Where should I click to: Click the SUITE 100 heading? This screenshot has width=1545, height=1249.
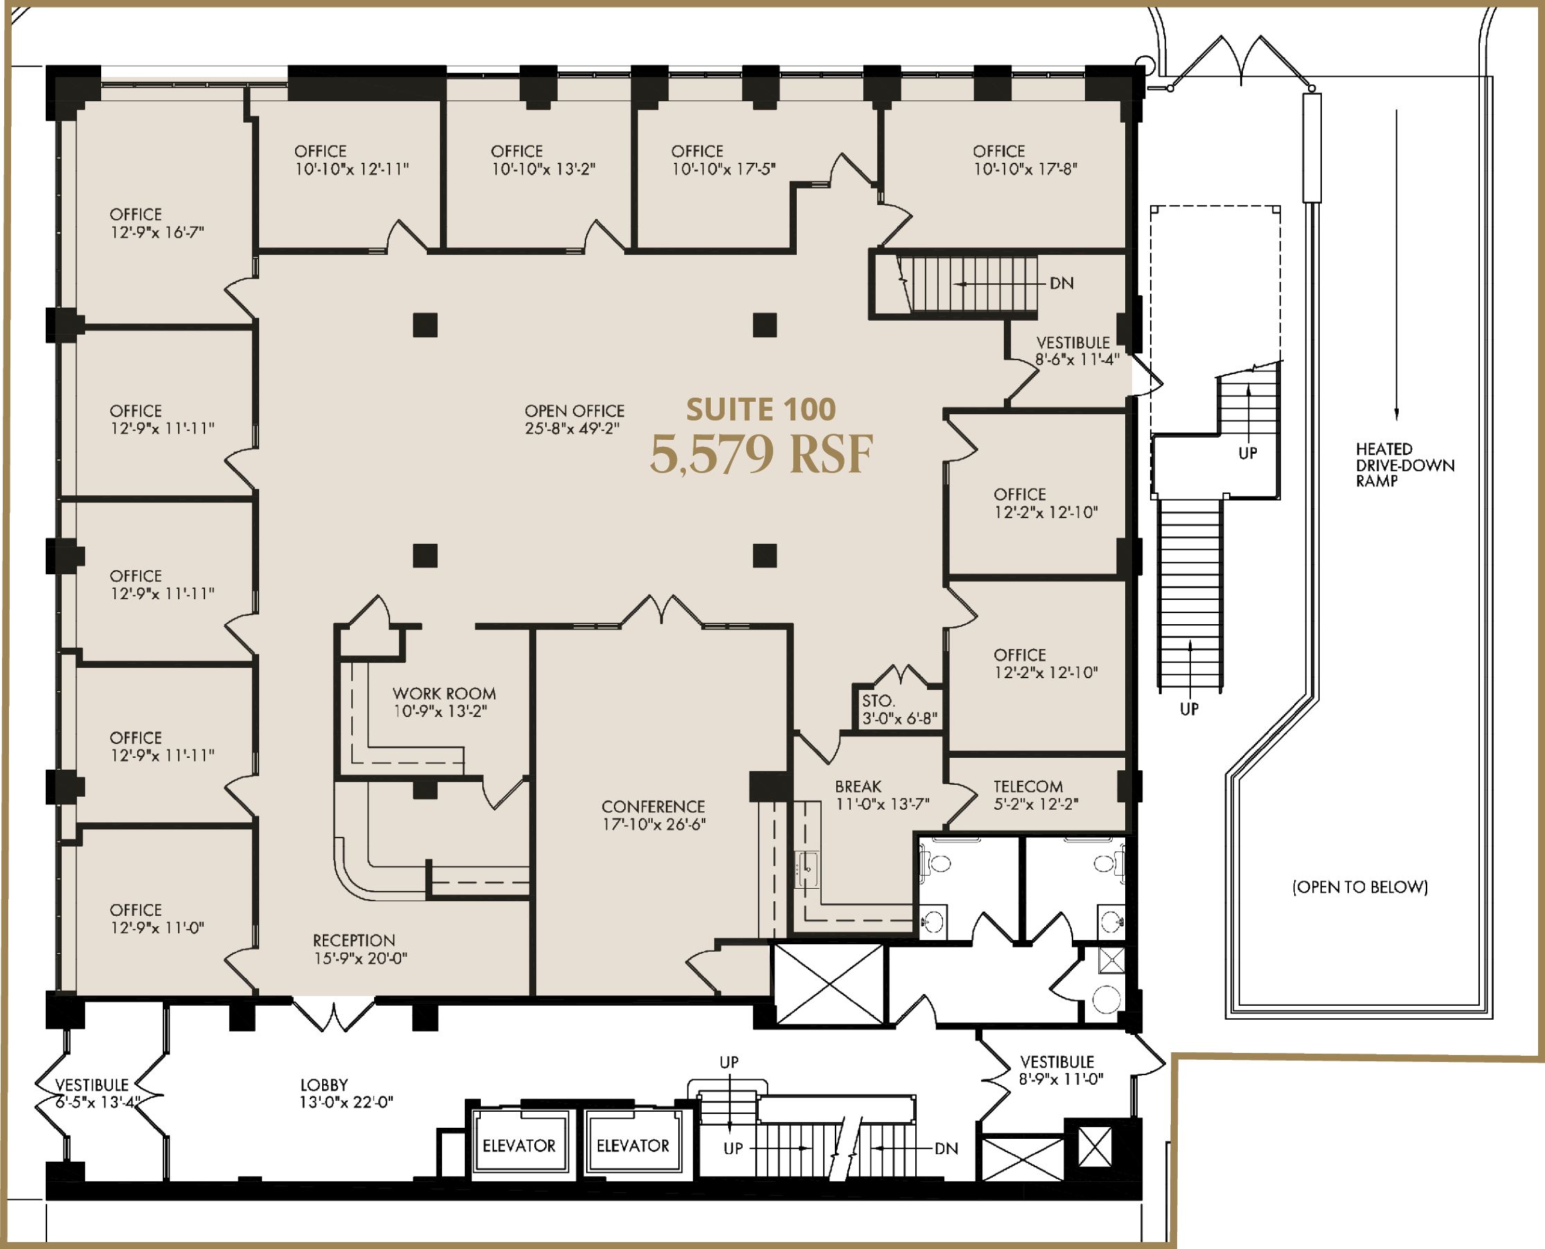coord(761,409)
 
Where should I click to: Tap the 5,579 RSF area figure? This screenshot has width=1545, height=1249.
coord(761,454)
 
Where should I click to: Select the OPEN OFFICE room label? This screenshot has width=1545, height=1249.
coord(574,411)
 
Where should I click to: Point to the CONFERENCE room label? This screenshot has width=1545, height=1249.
coord(653,806)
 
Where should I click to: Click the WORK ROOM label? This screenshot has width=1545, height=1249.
coord(444,693)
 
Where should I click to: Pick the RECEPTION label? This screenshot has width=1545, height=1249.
coord(354,940)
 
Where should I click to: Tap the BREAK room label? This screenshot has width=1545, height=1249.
coord(858,786)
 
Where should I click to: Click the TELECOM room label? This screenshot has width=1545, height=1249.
coord(1028,786)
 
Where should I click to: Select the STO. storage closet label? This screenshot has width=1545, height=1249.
coord(879,701)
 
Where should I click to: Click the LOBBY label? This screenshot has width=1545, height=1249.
coord(324,1084)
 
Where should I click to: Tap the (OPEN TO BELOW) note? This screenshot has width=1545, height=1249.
coord(1360,887)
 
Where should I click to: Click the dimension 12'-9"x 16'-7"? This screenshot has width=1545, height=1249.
coord(157,231)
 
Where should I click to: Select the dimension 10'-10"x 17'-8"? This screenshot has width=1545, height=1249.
coord(1025,168)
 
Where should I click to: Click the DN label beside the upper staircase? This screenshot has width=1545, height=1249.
coord(1062,283)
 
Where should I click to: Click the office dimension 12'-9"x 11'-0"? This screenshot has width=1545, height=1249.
coord(157,928)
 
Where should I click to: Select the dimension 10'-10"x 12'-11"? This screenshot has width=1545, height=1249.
coord(352,168)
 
